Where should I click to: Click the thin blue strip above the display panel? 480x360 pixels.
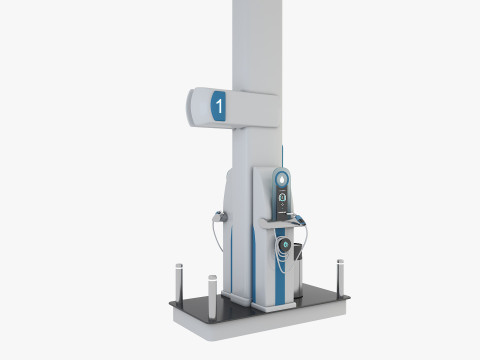[285, 155]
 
